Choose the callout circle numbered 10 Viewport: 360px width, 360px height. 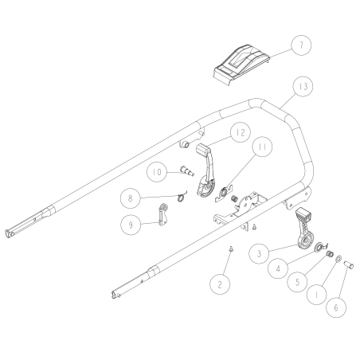(x=157, y=171)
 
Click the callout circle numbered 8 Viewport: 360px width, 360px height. (x=132, y=196)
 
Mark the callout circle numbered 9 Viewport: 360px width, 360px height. (x=132, y=225)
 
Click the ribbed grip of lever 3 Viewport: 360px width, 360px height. (x=302, y=216)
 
